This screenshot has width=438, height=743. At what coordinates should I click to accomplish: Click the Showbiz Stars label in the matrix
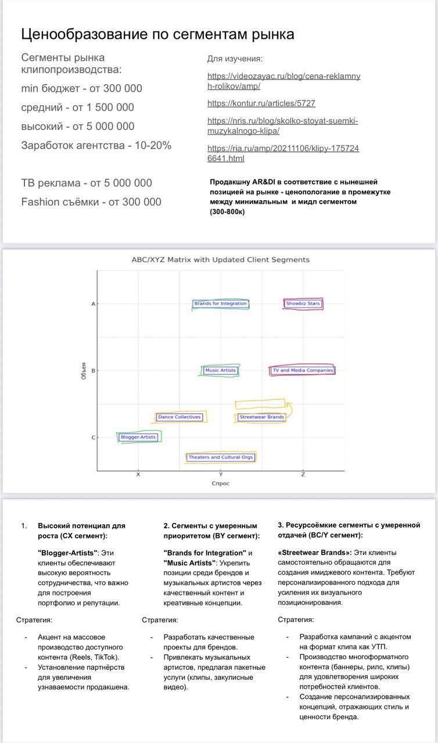pos(303,304)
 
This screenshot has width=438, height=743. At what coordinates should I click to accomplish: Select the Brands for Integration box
pos(221,304)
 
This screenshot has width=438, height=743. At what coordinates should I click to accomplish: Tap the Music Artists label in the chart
pos(221,370)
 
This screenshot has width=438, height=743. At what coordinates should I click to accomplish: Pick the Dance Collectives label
pos(179,417)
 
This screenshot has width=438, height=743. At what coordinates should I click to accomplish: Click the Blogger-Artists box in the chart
pos(138,437)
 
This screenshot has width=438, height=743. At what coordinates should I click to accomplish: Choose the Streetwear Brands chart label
pos(261,417)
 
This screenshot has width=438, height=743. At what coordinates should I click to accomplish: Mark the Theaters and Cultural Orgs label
pos(221,457)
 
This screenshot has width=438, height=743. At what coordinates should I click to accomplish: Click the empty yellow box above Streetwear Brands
pos(260,403)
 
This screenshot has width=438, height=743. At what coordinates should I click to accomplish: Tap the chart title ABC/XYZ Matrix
pos(220,260)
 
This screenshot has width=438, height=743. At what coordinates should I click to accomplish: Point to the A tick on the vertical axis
pos(93,304)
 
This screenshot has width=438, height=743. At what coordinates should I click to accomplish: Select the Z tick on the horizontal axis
pos(303,475)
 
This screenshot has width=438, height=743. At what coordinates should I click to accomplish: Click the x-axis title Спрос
pos(220,484)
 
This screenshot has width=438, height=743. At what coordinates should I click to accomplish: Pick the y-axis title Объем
pos(84,371)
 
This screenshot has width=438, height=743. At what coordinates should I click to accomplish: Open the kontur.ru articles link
pos(261,103)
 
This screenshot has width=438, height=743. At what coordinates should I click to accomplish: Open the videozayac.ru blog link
pos(283,81)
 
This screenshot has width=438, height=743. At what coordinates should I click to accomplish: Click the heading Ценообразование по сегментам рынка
pos(157,34)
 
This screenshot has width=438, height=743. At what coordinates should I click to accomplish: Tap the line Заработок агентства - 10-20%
pos(96,145)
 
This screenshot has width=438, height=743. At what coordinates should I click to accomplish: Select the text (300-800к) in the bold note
pos(227,212)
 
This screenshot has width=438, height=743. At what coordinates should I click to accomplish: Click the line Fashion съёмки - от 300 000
pos(91,202)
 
